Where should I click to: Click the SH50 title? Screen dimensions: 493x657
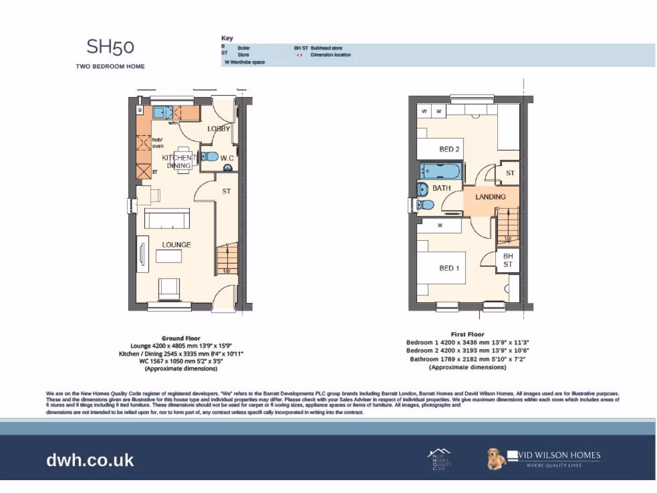click(110, 47)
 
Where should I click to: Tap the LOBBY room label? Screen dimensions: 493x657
click(219, 129)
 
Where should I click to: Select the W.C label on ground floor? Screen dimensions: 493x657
click(227, 158)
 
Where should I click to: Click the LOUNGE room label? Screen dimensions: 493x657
click(176, 245)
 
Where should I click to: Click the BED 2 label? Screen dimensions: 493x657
click(449, 150)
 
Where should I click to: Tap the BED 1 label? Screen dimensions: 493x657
click(449, 268)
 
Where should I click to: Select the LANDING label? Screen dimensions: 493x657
click(490, 197)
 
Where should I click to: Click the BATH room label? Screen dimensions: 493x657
click(441, 188)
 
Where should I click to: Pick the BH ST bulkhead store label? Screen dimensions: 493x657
click(508, 260)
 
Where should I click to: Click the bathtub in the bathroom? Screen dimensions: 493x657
click(439, 171)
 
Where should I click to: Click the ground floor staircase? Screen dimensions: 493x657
click(226, 259)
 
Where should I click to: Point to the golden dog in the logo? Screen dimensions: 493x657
click(496, 458)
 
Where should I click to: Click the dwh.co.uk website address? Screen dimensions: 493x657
click(90, 460)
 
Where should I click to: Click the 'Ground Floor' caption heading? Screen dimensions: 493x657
click(181, 338)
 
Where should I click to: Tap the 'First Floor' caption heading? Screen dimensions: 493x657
click(467, 334)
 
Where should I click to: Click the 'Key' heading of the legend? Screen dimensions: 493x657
click(227, 39)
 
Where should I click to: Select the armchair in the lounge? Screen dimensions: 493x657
click(169, 288)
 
